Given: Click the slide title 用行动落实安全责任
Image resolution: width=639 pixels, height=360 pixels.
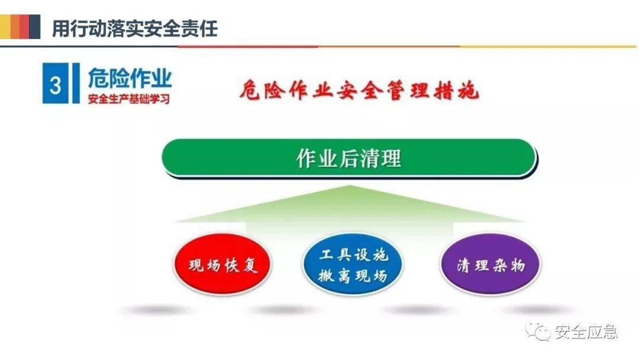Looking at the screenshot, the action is point(135,28).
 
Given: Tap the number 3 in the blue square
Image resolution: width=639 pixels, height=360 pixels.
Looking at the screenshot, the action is point(56,85).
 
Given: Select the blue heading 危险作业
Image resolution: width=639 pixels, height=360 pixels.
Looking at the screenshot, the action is point(130,78).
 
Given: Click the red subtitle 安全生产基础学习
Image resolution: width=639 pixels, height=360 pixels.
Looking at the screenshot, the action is point(129,99).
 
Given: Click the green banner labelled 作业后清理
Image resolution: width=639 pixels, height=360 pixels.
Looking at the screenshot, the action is point(349,157).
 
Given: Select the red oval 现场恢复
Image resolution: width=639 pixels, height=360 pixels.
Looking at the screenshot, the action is point(222,265).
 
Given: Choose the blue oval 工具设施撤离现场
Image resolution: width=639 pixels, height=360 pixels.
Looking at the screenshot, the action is point(353,265).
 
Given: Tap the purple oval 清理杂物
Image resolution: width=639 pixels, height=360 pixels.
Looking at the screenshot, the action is point(490,265).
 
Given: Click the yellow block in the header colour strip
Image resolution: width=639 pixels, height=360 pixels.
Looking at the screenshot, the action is point(5,27).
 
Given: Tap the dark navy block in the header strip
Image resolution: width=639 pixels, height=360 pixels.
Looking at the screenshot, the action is point(35,27).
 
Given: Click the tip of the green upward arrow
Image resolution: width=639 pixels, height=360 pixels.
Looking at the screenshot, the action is point(350,185).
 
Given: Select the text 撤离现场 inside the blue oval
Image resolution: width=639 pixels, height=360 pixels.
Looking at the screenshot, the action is point(353,275).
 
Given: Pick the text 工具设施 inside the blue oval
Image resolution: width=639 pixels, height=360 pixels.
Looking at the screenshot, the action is point(354,255).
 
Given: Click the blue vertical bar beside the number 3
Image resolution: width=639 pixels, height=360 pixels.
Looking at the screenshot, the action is point(76,83).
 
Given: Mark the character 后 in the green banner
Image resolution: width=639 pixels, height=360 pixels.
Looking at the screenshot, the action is point(349,158).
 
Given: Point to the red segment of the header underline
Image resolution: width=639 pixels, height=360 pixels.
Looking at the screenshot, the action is point(248,46).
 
